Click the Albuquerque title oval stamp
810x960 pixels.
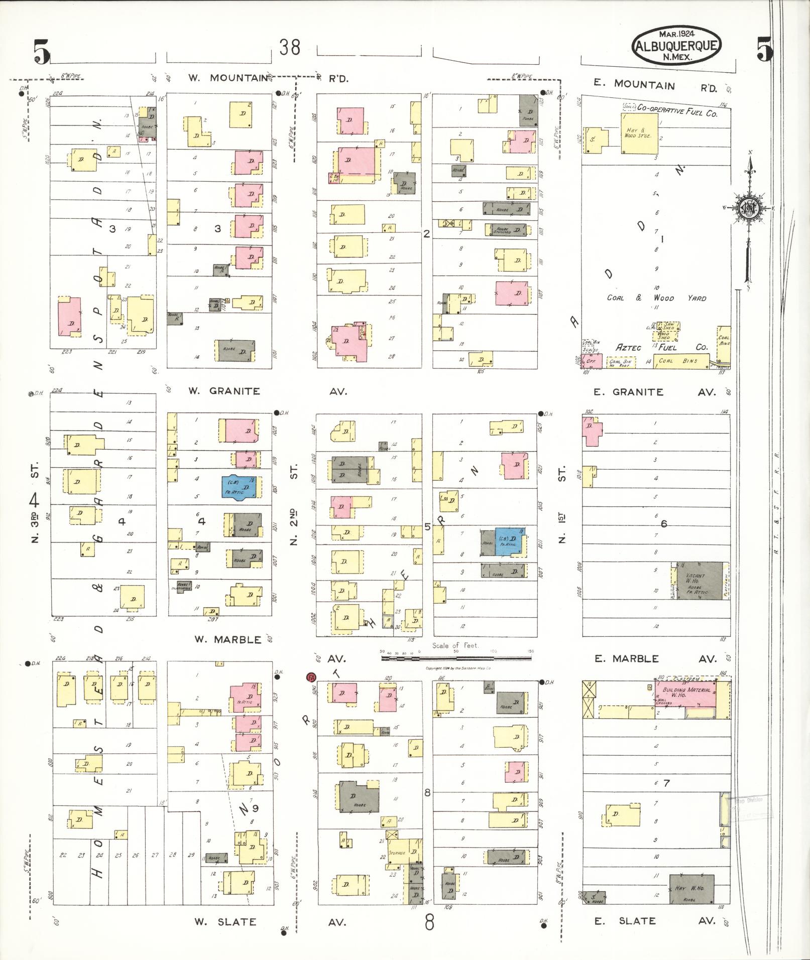click(x=676, y=46)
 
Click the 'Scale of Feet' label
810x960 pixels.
click(x=455, y=645)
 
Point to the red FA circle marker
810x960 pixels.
click(x=311, y=677)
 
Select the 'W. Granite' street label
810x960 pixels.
click(x=224, y=391)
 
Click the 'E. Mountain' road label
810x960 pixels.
click(x=634, y=85)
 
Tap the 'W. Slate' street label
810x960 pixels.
click(x=225, y=922)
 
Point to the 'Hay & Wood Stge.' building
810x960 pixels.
click(x=639, y=133)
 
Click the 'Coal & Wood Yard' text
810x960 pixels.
click(x=656, y=298)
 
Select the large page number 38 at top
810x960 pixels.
click(x=290, y=47)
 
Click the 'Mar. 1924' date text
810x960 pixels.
click(x=676, y=34)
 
